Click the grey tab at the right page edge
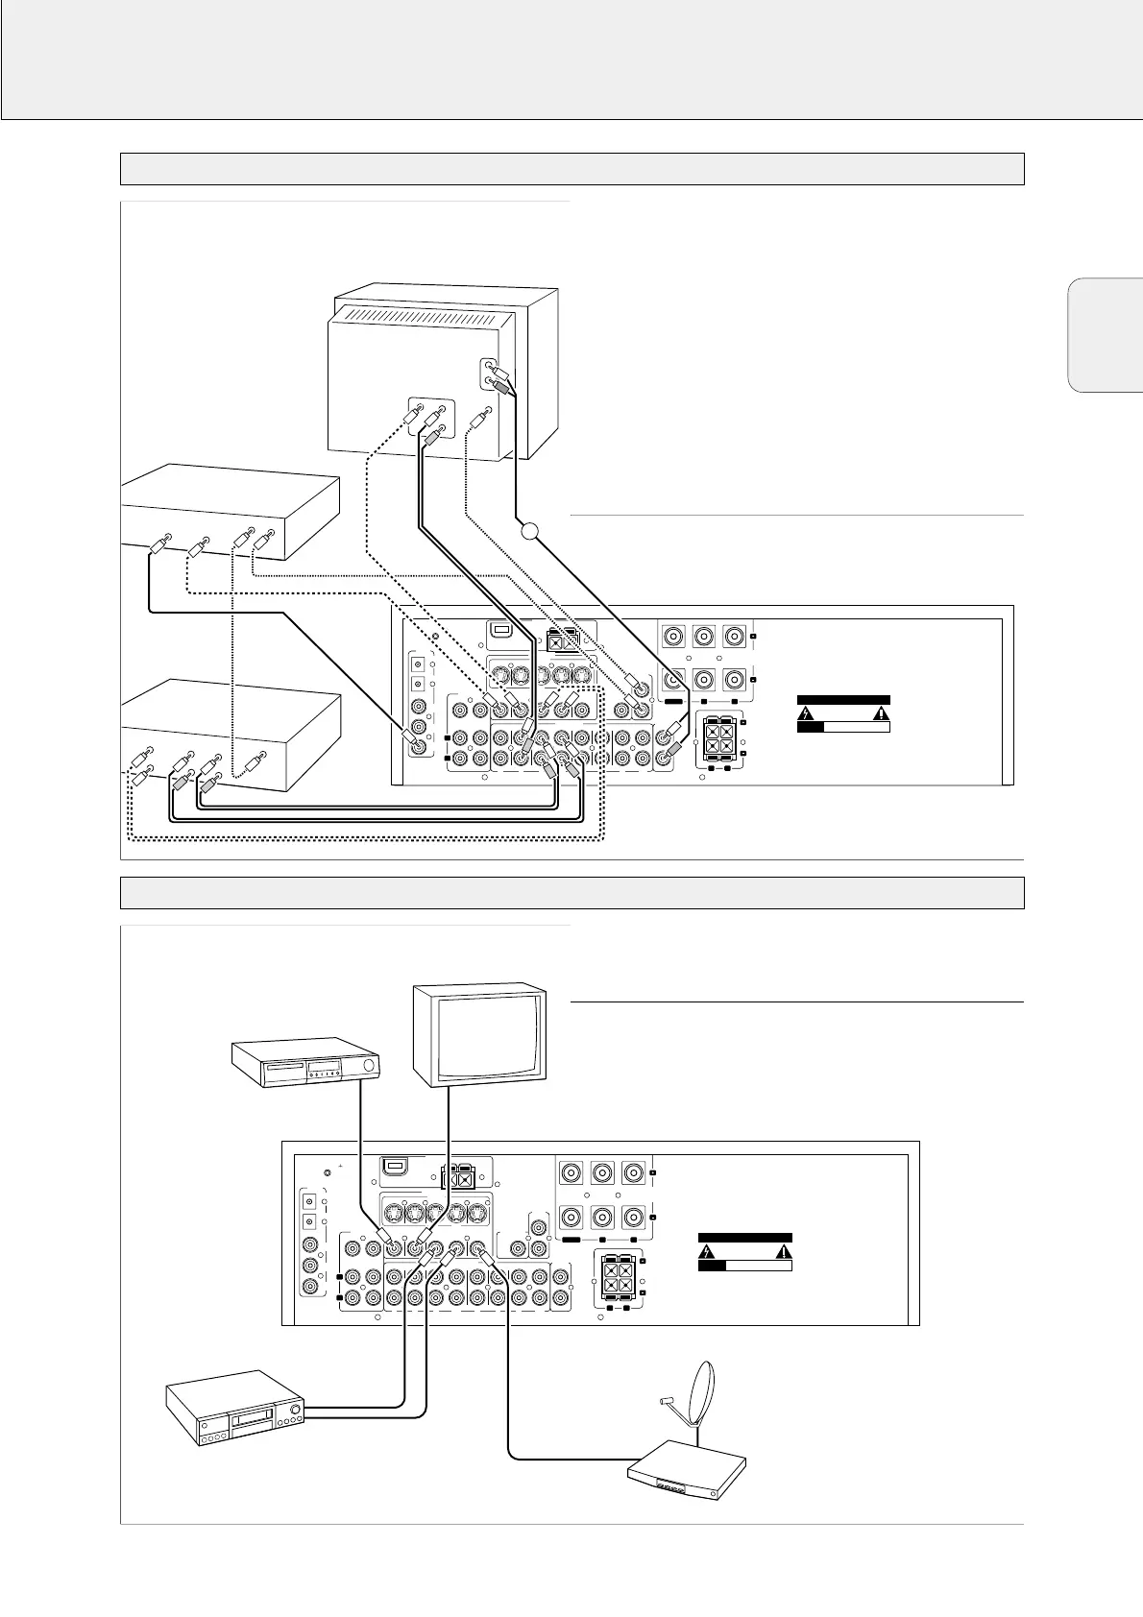1104,335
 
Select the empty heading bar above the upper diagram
571,168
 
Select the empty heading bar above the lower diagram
571,892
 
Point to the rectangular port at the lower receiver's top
393,1168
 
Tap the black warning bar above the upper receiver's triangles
843,700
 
